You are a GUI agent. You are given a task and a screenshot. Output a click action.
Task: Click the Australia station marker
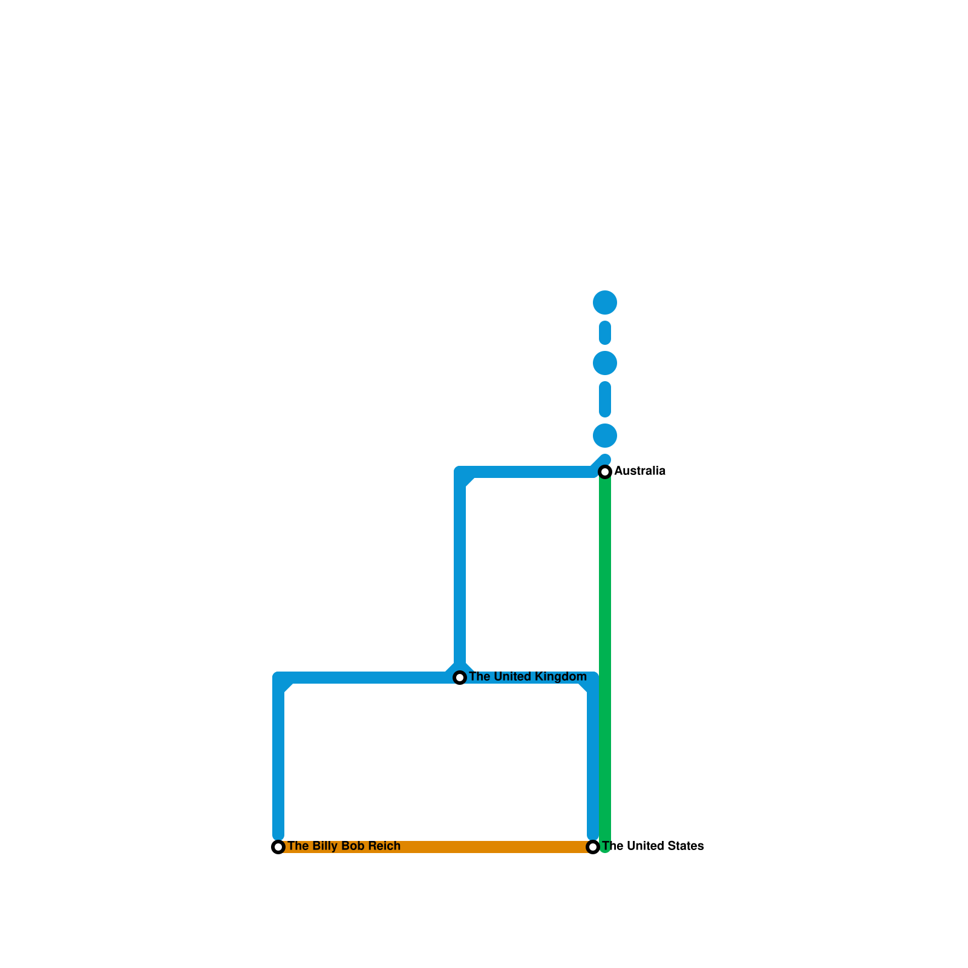coord(605,471)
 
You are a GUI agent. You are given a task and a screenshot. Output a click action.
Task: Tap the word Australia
coord(640,471)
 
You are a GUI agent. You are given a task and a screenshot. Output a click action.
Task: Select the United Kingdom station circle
coord(460,678)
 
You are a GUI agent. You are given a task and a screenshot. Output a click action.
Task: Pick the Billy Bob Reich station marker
coord(278,847)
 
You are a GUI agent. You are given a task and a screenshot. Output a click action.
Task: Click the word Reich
coord(381,846)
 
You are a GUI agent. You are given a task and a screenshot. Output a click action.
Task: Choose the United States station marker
coord(593,847)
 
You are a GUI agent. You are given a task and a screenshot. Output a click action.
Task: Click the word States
coord(685,846)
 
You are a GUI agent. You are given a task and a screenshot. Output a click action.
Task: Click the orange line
coord(436,847)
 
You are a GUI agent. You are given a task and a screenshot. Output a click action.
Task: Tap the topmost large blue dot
coord(605,302)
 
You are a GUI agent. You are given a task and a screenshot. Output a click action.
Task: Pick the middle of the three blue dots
coord(605,363)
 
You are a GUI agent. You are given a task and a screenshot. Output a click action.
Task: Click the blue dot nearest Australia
coord(605,436)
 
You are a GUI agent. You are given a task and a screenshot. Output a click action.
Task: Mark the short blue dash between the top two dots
coord(605,333)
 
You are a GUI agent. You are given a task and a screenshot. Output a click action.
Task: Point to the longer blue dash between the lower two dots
coord(605,399)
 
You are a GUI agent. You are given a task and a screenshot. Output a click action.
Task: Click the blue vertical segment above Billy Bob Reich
coord(278,762)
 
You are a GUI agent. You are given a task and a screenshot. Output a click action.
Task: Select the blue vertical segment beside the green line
coord(593,762)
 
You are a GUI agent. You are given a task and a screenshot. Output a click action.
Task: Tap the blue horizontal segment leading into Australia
coord(526,472)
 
